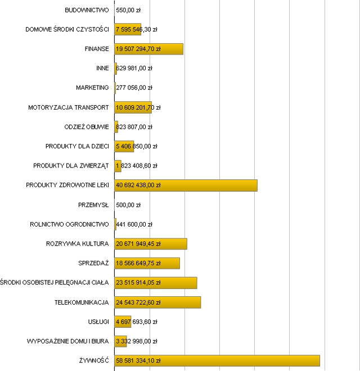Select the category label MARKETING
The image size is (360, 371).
pos(92,88)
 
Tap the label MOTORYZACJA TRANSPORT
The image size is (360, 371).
pos(69,107)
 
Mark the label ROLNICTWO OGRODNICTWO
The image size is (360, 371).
pos(69,224)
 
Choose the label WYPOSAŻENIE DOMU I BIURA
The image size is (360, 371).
pos(67,341)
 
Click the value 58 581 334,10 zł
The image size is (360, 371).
pos(138,361)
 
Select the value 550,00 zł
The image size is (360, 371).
pos(128,10)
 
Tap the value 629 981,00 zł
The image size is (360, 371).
pos(134,69)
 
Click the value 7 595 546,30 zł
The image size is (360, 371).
pos(137,29)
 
